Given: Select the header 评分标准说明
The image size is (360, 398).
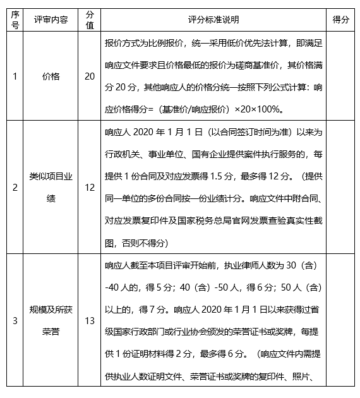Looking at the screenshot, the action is pos(214,20).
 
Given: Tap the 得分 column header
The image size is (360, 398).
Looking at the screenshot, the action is pos(340,20).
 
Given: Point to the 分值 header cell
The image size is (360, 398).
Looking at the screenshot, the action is pos(90,20).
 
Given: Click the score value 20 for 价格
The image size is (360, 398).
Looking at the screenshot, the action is pos(90,76).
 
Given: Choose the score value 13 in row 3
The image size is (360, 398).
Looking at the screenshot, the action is pos(90,321).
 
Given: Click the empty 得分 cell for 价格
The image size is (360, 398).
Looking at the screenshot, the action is pos(340,76).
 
